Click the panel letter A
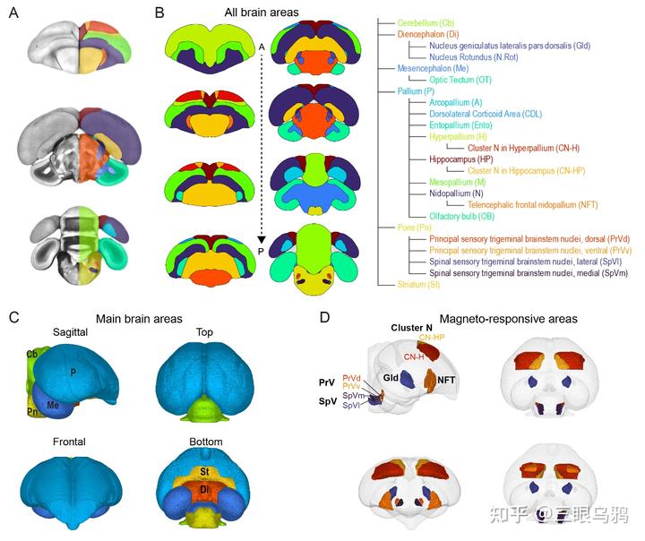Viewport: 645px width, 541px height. pyautogui.click(x=13, y=14)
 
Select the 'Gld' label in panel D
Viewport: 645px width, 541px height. pyautogui.click(x=391, y=379)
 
